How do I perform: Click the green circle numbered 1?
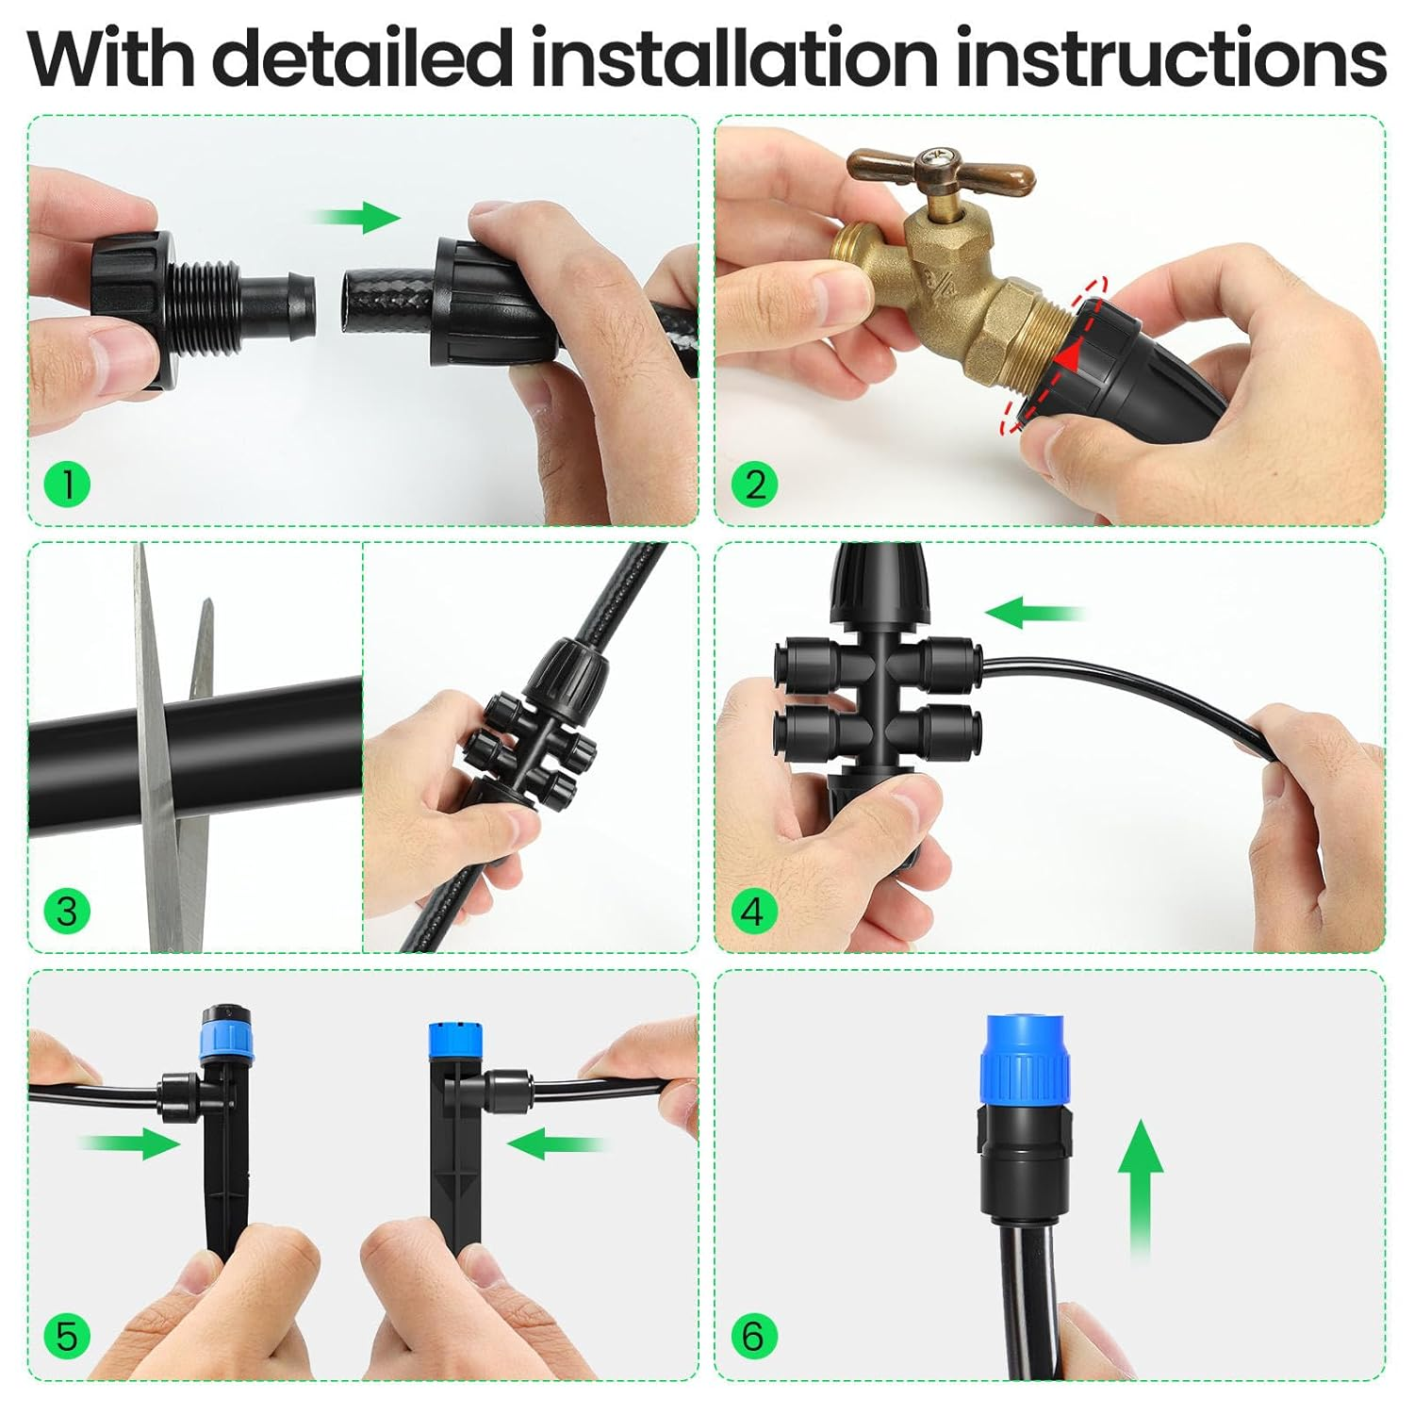67,485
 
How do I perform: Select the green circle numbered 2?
754,485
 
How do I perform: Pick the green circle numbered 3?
67,912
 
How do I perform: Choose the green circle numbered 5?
67,1337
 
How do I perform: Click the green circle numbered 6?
753,1337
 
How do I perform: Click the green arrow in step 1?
358,218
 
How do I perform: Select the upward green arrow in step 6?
1141,1188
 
